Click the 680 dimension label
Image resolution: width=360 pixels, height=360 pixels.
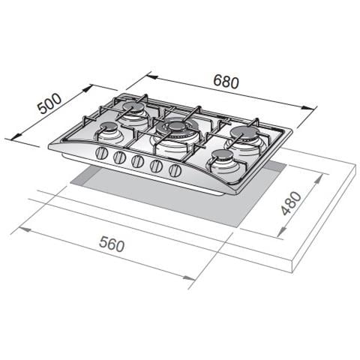click(x=226, y=81)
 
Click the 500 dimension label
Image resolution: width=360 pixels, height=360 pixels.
click(x=49, y=103)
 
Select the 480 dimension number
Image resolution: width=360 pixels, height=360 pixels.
click(x=291, y=203)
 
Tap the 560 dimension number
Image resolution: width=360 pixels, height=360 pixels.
click(x=112, y=244)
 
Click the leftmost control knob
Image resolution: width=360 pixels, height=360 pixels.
click(x=101, y=153)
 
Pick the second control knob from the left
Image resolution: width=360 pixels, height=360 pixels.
click(x=119, y=157)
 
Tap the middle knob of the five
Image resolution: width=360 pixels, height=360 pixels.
click(x=137, y=161)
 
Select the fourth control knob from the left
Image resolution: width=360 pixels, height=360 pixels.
click(x=156, y=166)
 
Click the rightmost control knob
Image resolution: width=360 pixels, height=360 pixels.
click(x=175, y=170)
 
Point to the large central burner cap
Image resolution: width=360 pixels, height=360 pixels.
click(x=177, y=127)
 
